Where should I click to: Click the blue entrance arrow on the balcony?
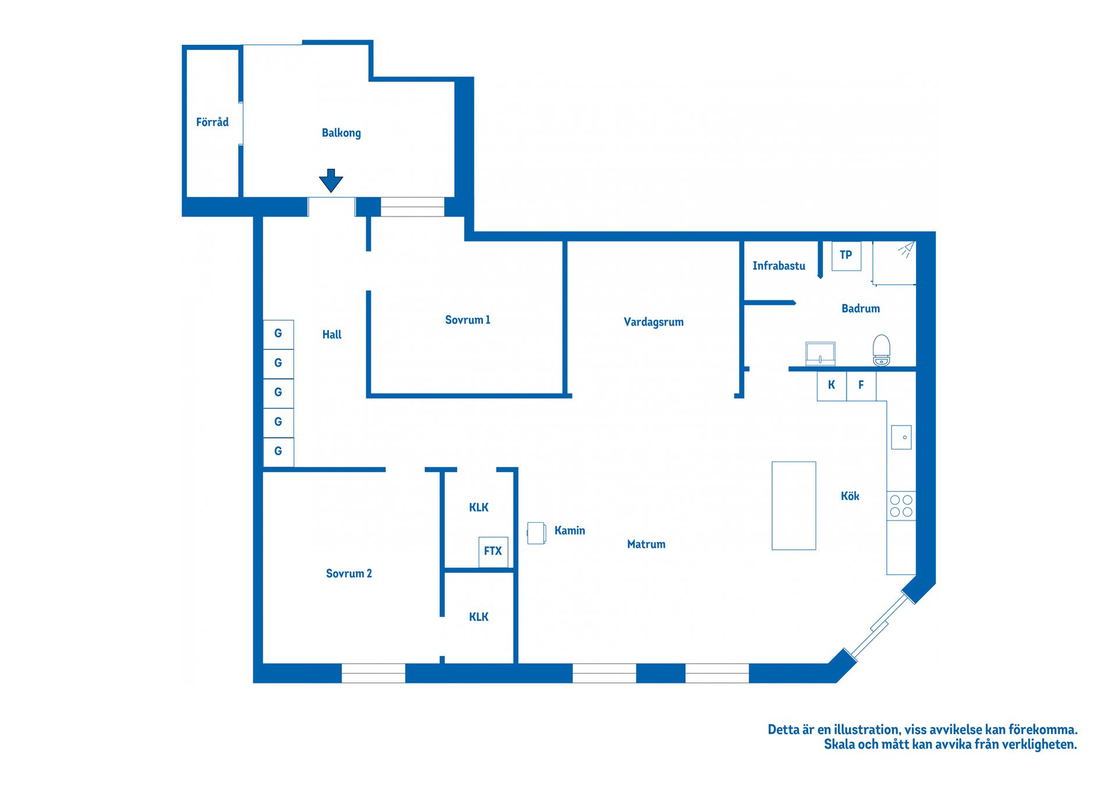(331, 180)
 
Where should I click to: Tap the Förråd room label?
(212, 122)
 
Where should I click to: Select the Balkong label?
(341, 133)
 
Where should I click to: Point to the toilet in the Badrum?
(882, 350)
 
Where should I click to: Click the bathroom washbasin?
(820, 353)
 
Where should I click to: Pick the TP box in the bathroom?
(846, 256)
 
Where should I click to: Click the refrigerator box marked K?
(832, 385)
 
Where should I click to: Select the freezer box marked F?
(861, 385)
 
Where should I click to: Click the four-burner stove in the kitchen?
(901, 506)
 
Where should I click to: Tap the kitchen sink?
(901, 437)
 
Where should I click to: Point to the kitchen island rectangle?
(794, 506)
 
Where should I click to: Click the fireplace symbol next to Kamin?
(536, 533)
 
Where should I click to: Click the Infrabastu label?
(779, 266)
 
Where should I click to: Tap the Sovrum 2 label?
(349, 573)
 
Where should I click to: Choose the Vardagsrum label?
(653, 322)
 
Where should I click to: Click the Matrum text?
(646, 544)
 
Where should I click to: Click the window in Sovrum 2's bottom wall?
(373, 673)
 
